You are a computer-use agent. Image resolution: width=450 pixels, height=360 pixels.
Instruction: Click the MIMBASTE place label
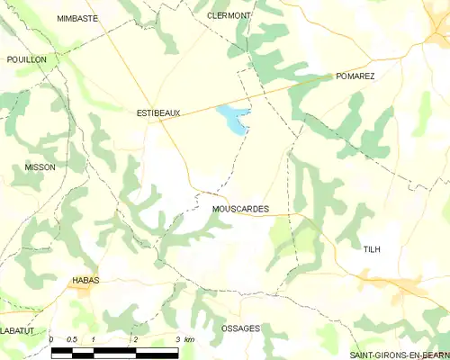[x=76, y=17]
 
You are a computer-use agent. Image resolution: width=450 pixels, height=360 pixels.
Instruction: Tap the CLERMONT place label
[x=229, y=15]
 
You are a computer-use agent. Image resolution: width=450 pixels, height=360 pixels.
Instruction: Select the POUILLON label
[x=26, y=58]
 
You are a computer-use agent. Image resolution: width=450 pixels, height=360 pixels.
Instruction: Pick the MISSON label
[x=40, y=166]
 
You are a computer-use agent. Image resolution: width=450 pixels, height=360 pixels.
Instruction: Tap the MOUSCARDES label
[x=240, y=209]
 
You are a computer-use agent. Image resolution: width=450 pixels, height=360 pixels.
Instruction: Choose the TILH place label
[x=373, y=247]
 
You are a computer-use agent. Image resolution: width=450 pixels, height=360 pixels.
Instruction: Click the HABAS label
[x=85, y=280]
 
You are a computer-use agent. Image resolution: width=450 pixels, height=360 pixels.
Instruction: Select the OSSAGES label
[x=240, y=328]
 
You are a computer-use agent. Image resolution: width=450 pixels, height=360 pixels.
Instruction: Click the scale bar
[x=114, y=351]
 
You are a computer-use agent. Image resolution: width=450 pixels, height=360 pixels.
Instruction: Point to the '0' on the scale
[x=52, y=339]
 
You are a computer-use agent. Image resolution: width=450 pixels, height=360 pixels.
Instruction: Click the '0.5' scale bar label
[x=72, y=339]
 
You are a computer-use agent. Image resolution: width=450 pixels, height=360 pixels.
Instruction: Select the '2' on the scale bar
[x=135, y=339]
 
